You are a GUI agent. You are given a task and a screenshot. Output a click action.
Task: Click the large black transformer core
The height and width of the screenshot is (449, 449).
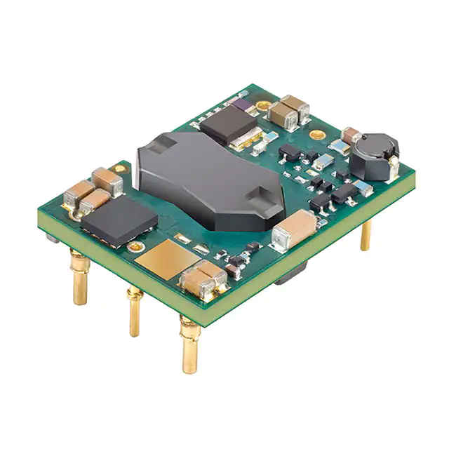click(x=210, y=182)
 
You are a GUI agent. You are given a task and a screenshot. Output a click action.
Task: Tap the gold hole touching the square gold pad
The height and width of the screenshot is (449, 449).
click(x=138, y=247)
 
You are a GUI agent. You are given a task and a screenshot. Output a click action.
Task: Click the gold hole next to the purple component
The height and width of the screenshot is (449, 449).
click(x=262, y=106)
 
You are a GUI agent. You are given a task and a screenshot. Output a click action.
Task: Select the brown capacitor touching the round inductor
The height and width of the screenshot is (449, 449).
click(x=351, y=136)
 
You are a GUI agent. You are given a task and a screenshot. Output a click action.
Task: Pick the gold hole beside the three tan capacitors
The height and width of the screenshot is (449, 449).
click(x=121, y=168)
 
